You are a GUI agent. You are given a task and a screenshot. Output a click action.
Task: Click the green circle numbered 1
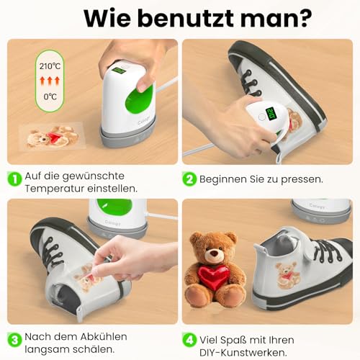click(x=14, y=176)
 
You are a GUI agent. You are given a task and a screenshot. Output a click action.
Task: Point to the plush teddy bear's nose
click(x=214, y=253)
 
